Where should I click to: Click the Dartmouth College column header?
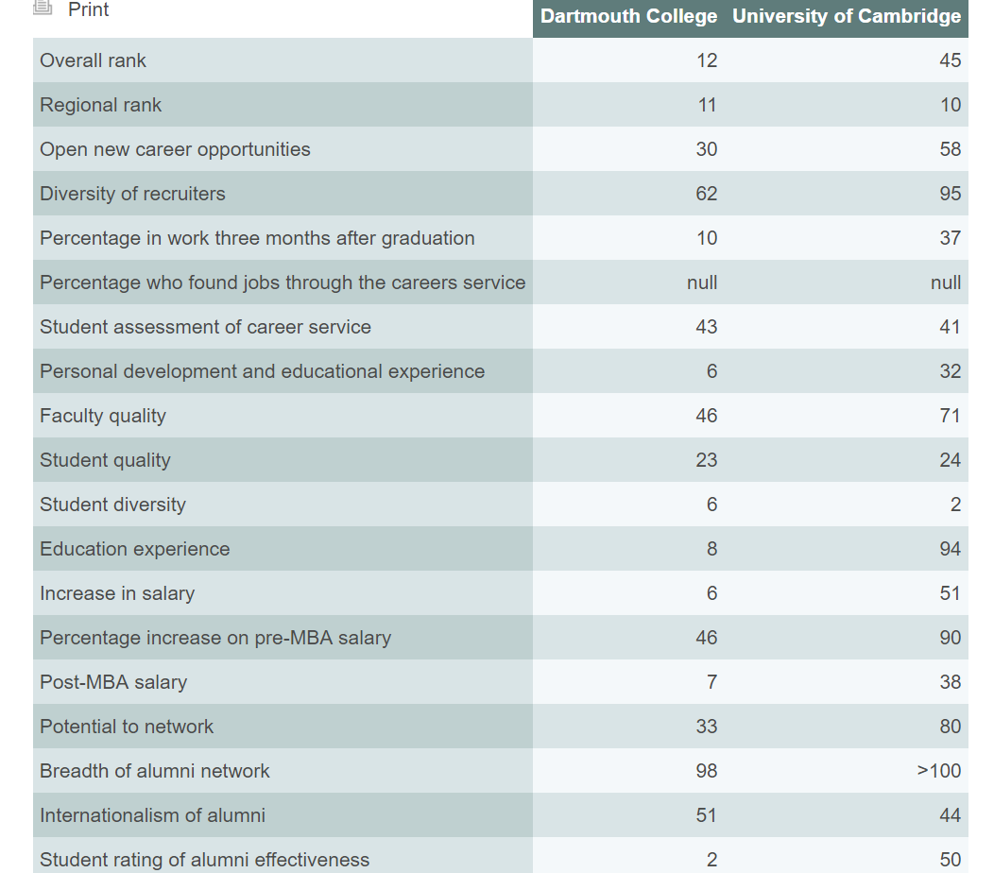628,17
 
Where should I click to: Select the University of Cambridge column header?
847,17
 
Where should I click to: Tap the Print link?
88,10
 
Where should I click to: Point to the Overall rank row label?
94,60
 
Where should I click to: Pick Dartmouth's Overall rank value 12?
707,60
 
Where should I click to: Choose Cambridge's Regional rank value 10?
950,105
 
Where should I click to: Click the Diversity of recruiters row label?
132,194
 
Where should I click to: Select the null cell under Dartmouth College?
702,282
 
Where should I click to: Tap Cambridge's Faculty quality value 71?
950,416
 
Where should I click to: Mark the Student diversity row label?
112,505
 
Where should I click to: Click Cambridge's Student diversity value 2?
955,505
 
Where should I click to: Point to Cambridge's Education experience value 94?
950,549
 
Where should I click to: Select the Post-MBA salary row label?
113,682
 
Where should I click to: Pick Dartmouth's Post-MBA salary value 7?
711,682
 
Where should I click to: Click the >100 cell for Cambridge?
939,771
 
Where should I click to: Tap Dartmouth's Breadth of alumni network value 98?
707,771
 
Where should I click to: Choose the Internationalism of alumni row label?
152,815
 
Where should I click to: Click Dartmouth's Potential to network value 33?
707,727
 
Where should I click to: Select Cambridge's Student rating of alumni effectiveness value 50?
950,860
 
